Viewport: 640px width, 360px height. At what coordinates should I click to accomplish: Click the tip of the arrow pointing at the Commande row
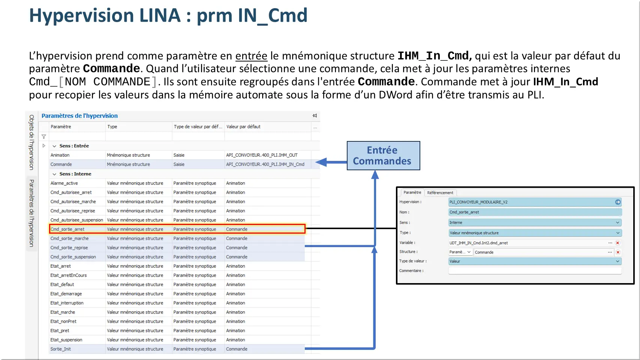pos(316,162)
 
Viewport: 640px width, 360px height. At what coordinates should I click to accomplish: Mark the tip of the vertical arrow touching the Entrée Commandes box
pos(375,171)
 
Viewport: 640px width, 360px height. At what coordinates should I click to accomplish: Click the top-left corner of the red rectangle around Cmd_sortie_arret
pos(49,225)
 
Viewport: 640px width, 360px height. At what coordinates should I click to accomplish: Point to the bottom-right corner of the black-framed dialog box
pos(634,284)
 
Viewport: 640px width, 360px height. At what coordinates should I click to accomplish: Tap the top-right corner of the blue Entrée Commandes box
pos(420,141)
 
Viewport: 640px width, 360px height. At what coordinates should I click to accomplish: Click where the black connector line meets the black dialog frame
pos(396,228)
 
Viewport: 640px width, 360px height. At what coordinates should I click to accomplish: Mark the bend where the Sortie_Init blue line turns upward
pos(375,349)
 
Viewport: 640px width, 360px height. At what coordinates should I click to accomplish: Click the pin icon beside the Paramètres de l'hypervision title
pos(315,116)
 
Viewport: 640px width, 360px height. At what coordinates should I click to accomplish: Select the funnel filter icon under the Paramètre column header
pos(44,137)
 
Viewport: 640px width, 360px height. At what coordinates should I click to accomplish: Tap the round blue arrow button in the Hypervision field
pos(618,202)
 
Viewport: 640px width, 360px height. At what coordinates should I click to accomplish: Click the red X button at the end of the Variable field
pos(618,243)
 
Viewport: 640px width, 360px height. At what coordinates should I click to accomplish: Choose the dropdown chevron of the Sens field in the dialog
pos(618,223)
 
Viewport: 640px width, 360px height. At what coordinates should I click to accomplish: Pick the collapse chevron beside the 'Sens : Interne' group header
pos(54,174)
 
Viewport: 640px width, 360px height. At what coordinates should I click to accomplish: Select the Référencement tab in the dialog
pos(440,193)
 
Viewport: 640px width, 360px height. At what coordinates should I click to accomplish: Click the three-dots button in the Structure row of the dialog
pos(610,252)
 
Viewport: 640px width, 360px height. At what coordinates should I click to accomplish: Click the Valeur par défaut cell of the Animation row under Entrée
pos(262,155)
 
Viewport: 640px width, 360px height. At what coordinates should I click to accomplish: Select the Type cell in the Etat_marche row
pos(135,312)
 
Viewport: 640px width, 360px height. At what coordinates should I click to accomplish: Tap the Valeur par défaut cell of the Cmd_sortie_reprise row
pos(237,248)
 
